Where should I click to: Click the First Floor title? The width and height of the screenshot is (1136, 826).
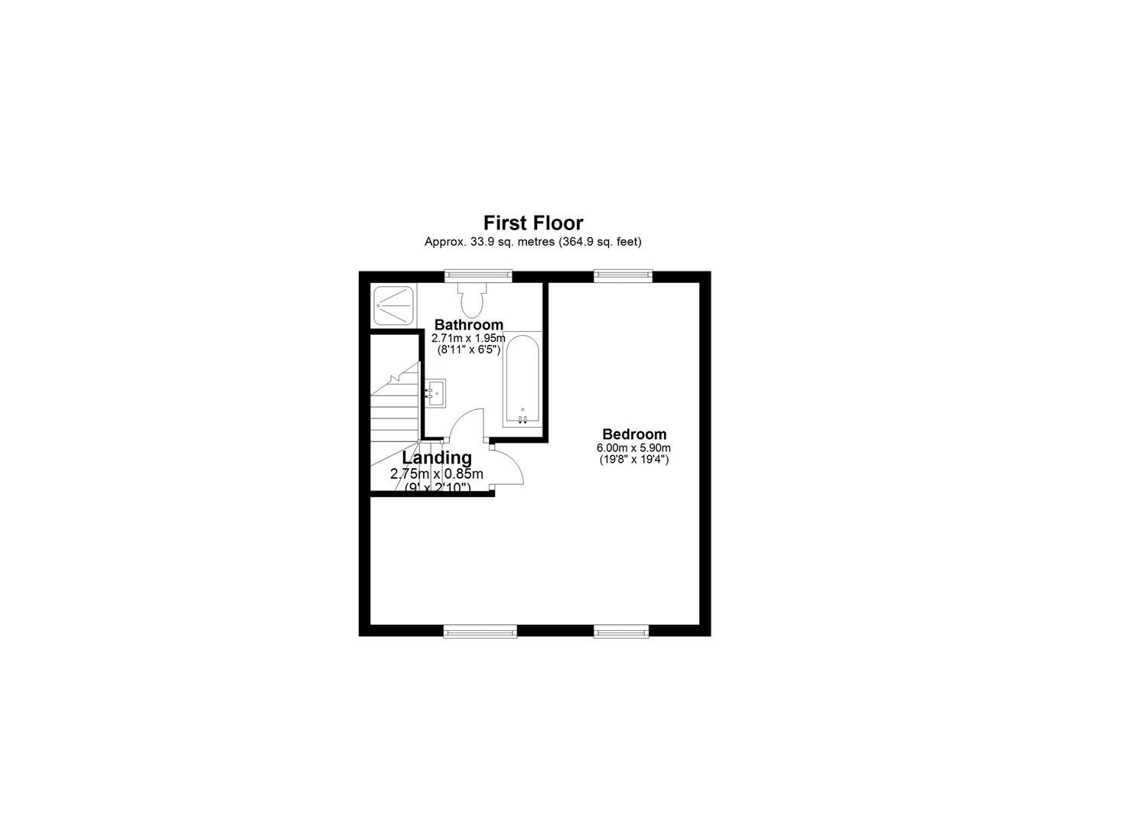[x=532, y=223]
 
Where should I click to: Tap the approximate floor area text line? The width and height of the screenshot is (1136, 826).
[x=532, y=242]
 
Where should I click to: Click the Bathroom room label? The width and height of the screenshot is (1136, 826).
[x=468, y=325]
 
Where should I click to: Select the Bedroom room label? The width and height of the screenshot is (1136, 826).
[x=634, y=434]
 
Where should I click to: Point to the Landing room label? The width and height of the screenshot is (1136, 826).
[x=437, y=457]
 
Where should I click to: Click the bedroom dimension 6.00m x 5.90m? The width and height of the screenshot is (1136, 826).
[x=634, y=448]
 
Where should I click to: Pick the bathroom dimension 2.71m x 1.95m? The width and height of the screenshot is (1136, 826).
[x=468, y=338]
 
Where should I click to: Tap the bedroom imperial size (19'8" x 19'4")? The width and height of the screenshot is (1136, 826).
[x=634, y=460]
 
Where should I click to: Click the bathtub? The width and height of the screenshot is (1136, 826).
[x=522, y=379]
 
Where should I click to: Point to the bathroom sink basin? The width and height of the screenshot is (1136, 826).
[x=435, y=393]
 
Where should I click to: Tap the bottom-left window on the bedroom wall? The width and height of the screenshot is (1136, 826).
[x=480, y=631]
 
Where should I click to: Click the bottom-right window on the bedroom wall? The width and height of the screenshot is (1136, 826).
[x=621, y=631]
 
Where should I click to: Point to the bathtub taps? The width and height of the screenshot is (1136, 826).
[x=522, y=418]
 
